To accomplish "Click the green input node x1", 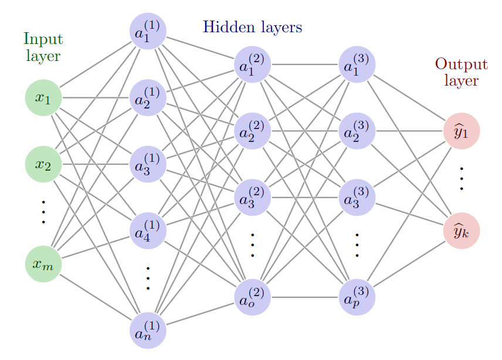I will tap(43, 97).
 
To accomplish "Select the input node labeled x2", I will tap(43, 164).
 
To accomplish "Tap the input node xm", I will tap(43, 264).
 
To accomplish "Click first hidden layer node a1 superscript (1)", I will tap(148, 31).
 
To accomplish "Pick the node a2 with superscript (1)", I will tap(148, 97).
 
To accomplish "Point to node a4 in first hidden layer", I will tap(148, 230).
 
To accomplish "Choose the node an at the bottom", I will tap(148, 330).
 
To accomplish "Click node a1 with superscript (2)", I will tap(252, 64).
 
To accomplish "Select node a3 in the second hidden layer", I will tap(252, 198).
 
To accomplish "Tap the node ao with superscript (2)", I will tap(252, 297).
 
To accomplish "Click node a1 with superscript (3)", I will tap(357, 64).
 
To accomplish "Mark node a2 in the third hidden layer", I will tap(357, 131).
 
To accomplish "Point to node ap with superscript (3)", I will tap(357, 297).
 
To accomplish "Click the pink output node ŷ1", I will tap(462, 131).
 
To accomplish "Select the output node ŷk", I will tap(462, 230).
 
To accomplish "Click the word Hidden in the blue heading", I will tap(226, 27).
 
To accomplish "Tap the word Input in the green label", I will tap(43, 40).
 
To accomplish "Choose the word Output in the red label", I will tap(461, 64).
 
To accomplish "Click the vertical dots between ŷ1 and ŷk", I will tap(462, 178).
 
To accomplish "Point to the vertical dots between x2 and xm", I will tap(43, 212).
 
